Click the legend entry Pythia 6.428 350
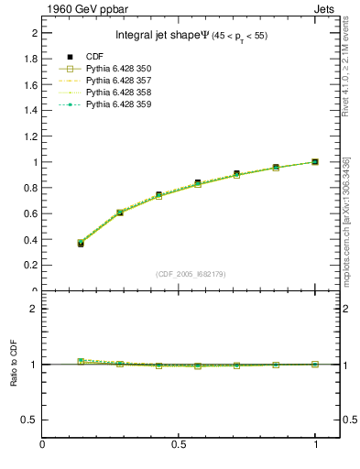pyautogui.click(x=117, y=69)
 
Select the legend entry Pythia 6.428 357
pyautogui.click(x=117, y=81)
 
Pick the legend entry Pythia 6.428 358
pyautogui.click(x=117, y=93)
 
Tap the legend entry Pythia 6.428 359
pyautogui.click(x=117, y=104)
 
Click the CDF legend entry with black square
pyautogui.click(x=95, y=57)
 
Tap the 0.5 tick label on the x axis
pyautogui.click(x=180, y=446)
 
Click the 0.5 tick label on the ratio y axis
pyautogui.click(x=31, y=420)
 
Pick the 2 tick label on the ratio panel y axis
pyautogui.click(x=34, y=309)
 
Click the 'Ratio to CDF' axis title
pyautogui.click(x=14, y=365)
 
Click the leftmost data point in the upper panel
pyautogui.click(x=81, y=244)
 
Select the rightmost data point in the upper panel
pyautogui.click(x=315, y=162)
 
